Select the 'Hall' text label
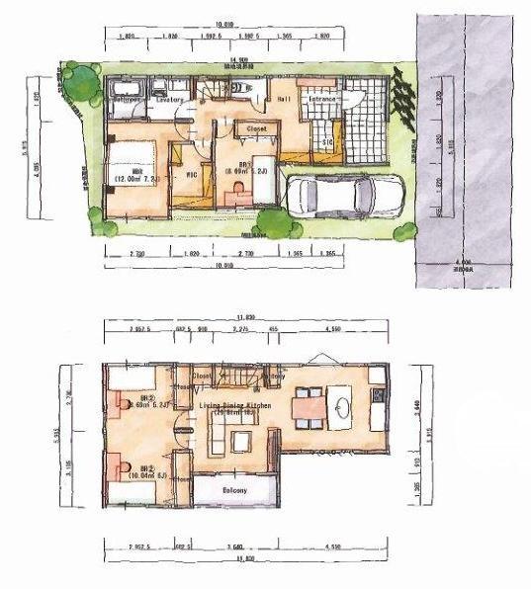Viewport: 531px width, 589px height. click(282, 99)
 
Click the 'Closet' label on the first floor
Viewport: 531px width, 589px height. click(255, 128)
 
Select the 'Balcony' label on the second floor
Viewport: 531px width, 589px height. click(231, 491)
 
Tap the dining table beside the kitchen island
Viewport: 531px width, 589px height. click(308, 406)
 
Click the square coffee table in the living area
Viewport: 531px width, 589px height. click(240, 439)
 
